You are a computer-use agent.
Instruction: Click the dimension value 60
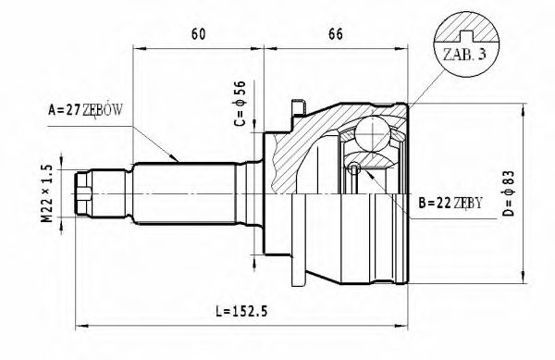(x=198, y=34)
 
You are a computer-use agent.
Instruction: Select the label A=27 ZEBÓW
(x=84, y=111)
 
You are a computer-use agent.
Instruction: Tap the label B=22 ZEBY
(x=450, y=203)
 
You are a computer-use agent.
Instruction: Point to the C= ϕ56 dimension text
(x=240, y=105)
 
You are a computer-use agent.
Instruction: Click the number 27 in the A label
(x=73, y=111)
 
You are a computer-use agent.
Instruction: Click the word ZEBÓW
(x=103, y=111)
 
